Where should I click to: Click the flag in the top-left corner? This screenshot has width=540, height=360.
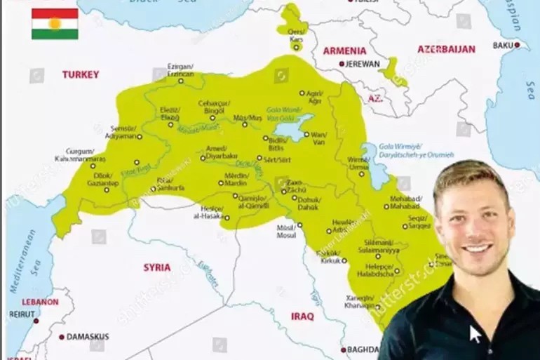pos(55,24)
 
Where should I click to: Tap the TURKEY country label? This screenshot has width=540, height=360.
pos(81,74)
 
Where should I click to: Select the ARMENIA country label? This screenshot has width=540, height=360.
pos(344,51)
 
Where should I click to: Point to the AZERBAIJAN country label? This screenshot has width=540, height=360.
pos(446,49)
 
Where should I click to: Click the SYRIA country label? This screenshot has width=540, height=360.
pos(156,267)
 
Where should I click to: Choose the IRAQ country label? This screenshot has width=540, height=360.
pos(302,316)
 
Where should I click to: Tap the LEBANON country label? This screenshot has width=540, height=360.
pos(40,302)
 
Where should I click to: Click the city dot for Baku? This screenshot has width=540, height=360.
pos(518,45)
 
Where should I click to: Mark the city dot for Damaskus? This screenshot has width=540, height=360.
pos(62,337)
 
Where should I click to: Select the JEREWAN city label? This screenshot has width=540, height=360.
pos(364,64)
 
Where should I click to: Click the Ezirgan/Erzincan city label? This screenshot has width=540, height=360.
pos(180,70)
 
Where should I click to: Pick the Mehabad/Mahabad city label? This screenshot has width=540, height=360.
pos(405,203)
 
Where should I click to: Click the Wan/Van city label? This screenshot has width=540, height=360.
pos(318,138)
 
